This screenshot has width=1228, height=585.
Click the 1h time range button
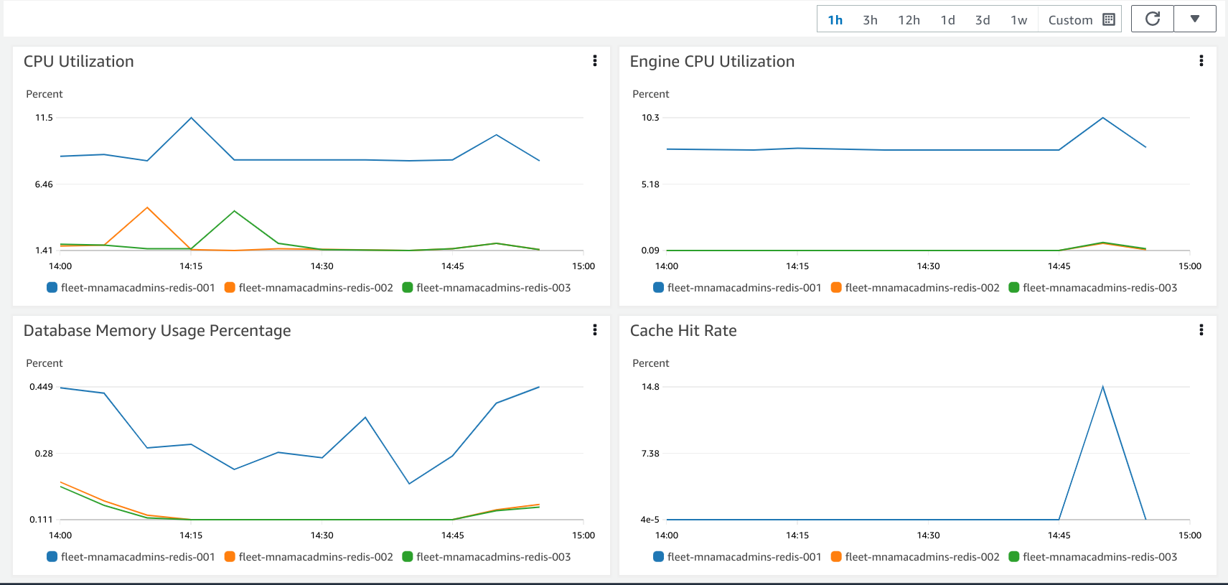click(835, 20)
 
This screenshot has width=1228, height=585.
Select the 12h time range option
click(909, 20)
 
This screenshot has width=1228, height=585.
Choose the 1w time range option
click(1018, 20)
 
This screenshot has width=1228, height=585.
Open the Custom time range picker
click(1080, 20)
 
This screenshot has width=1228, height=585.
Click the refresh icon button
click(1153, 19)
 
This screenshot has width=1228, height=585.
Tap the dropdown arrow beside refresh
click(1195, 19)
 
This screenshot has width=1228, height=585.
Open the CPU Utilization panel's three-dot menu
click(595, 61)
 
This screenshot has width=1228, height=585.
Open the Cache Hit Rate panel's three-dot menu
click(1201, 330)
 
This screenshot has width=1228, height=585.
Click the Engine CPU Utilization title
click(712, 62)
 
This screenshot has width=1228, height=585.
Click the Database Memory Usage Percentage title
click(157, 331)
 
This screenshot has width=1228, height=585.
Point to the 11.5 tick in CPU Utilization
click(44, 118)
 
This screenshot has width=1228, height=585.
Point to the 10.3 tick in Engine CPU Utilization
click(650, 118)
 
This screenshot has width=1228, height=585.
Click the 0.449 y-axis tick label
click(41, 387)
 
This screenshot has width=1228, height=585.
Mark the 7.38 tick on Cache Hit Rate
click(650, 454)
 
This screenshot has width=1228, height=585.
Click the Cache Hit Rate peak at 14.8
click(1102, 388)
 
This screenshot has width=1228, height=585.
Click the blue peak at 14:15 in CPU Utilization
click(191, 118)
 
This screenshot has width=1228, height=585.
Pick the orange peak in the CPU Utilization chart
click(147, 208)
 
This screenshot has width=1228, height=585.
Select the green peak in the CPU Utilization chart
click(235, 211)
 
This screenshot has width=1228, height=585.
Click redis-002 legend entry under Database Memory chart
click(309, 557)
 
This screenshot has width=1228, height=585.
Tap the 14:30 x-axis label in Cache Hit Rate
click(928, 535)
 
